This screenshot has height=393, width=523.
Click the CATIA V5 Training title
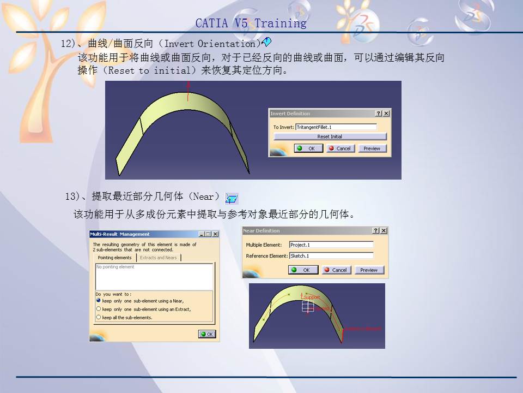coord(251,23)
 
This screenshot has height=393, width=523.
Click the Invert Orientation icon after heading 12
coord(266,42)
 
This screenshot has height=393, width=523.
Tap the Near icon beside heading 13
coord(232,198)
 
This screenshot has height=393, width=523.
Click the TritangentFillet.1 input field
coord(336,127)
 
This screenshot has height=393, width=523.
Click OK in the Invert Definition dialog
coord(308,148)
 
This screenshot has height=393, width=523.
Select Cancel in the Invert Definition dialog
coord(340,148)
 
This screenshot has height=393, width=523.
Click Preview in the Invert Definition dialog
coord(372,148)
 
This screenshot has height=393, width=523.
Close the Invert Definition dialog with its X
coord(386,114)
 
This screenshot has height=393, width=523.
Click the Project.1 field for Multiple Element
coord(331,245)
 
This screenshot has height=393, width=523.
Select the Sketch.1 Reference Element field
coord(331,255)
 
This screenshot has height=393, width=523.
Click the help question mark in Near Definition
coord(376,231)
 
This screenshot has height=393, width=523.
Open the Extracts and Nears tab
coord(159,258)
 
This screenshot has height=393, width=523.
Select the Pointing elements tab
coord(114,258)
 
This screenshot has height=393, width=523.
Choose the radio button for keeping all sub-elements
coord(99,317)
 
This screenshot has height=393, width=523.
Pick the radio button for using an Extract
coord(99,309)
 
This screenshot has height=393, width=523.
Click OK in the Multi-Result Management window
coord(207,334)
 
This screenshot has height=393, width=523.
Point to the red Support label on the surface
coord(312,297)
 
